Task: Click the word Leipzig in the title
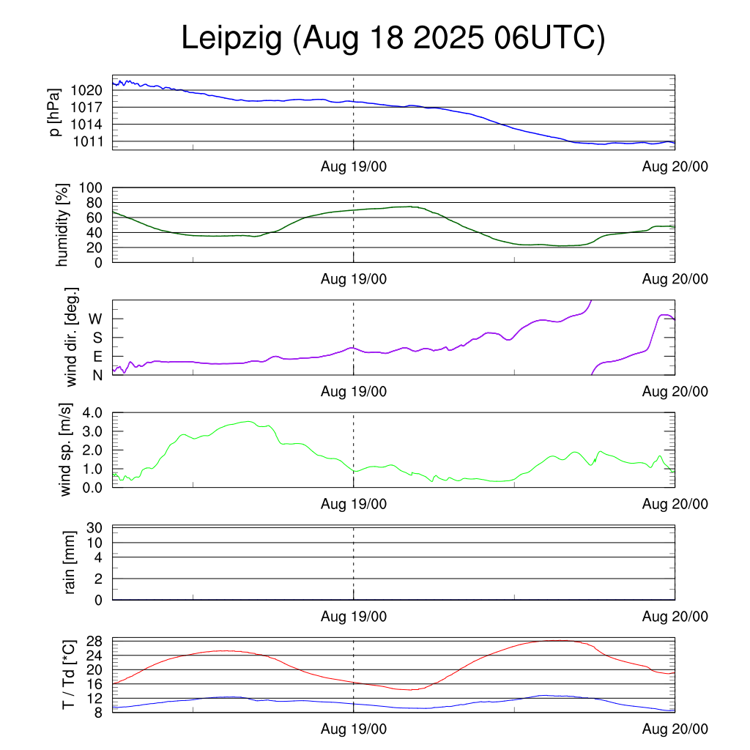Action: (231, 40)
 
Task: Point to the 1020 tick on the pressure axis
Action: (87, 91)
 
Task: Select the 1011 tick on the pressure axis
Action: (87, 141)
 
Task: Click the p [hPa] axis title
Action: (53, 112)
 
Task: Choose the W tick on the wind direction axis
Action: (96, 319)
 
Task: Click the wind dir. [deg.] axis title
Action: (71, 337)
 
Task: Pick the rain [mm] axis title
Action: (71, 562)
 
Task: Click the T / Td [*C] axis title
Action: (68, 675)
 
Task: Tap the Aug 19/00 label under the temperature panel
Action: (354, 729)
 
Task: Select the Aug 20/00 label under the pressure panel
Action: (675, 168)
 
